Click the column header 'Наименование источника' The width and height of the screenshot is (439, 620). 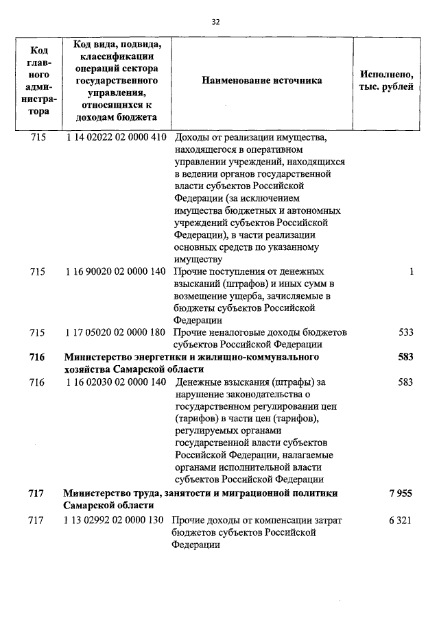pyautogui.click(x=261, y=81)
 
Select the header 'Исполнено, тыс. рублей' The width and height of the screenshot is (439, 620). pyautogui.click(x=386, y=81)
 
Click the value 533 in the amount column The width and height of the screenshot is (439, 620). pyautogui.click(x=405, y=332)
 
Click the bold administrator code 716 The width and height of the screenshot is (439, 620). pyautogui.click(x=37, y=357)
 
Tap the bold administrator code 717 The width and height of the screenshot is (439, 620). pyautogui.click(x=37, y=493)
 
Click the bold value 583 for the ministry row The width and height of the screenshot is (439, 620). pyautogui.click(x=405, y=357)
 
